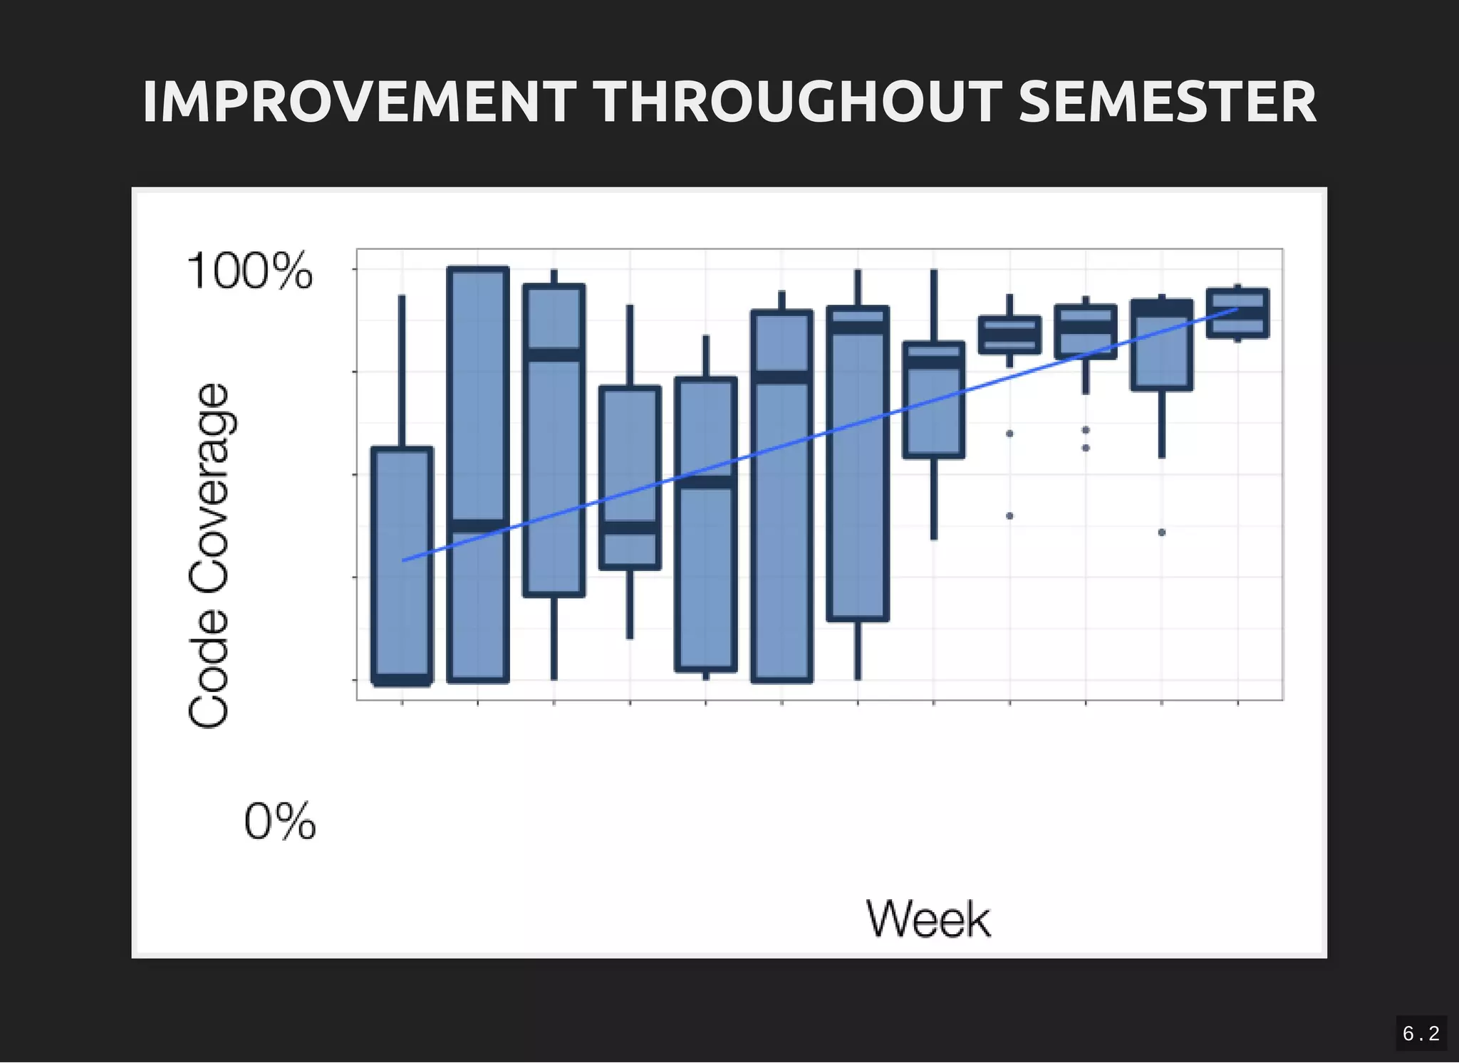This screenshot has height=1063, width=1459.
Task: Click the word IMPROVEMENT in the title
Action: pos(359,102)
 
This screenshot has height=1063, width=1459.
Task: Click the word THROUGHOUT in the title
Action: pos(797,102)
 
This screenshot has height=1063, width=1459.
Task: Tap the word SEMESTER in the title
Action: pos(1167,102)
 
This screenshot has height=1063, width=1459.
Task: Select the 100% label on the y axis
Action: pos(249,271)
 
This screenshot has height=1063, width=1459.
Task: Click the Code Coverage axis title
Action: pos(209,555)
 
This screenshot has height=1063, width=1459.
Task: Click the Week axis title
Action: pos(928,919)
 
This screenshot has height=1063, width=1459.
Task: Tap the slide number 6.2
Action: pos(1421,1033)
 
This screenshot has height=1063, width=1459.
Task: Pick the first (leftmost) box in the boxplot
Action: pos(403,566)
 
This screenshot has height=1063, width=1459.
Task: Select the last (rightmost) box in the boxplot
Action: pos(1237,313)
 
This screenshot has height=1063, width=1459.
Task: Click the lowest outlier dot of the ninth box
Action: pos(1009,515)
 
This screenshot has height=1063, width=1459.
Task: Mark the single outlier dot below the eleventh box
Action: pos(1162,532)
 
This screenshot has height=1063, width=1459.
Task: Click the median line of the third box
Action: pos(554,355)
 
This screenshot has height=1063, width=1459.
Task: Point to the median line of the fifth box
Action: pos(706,482)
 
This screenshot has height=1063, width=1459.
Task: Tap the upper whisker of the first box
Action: pos(402,370)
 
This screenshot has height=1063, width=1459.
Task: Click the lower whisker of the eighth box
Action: pos(934,498)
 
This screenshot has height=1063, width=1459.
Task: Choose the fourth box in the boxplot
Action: pos(630,477)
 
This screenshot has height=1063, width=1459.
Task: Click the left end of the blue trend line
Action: pos(404,560)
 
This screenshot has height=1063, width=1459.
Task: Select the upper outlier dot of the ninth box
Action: pos(1009,433)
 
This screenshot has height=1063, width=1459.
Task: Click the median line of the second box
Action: pos(478,526)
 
